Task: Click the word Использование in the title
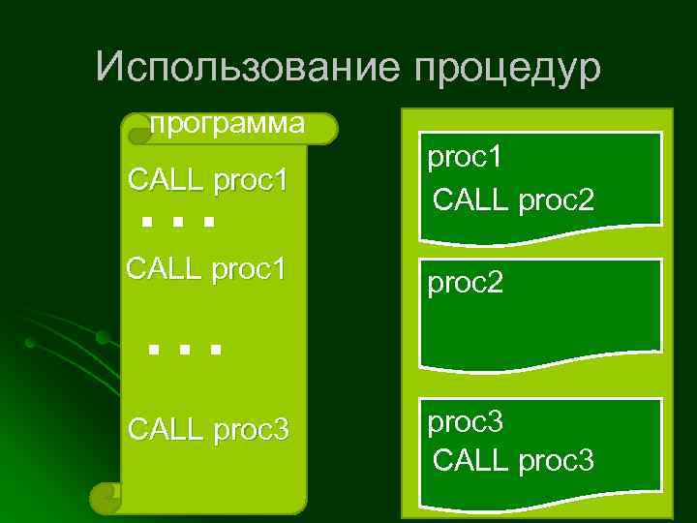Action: pyautogui.click(x=249, y=68)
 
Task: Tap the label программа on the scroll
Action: pyautogui.click(x=227, y=124)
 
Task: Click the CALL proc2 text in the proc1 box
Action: pyautogui.click(x=513, y=200)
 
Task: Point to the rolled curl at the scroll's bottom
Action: pyautogui.click(x=105, y=498)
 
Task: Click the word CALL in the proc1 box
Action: pyautogui.click(x=464, y=200)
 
